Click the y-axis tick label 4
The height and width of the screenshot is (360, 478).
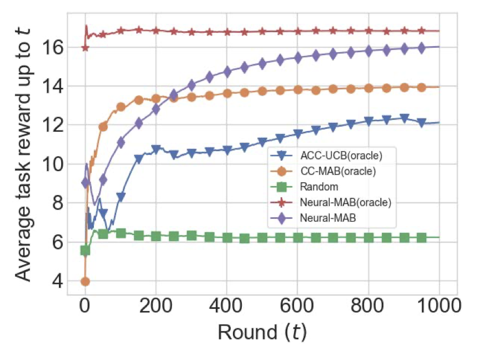[x=58, y=281]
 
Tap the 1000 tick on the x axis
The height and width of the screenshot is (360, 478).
[x=439, y=306]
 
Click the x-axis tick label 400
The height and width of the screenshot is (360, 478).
[x=227, y=306]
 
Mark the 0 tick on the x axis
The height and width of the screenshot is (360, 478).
[x=85, y=306]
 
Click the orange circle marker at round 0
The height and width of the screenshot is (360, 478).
[x=85, y=281]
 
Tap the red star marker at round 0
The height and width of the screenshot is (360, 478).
[x=85, y=48]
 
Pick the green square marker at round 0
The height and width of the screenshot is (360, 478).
[x=85, y=251]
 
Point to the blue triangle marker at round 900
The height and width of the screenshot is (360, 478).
[x=404, y=118]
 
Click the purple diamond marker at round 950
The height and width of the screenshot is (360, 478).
[x=421, y=48]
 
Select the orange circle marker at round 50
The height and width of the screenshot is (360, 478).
[x=103, y=126]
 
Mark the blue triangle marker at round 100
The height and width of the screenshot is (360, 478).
[x=121, y=197]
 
